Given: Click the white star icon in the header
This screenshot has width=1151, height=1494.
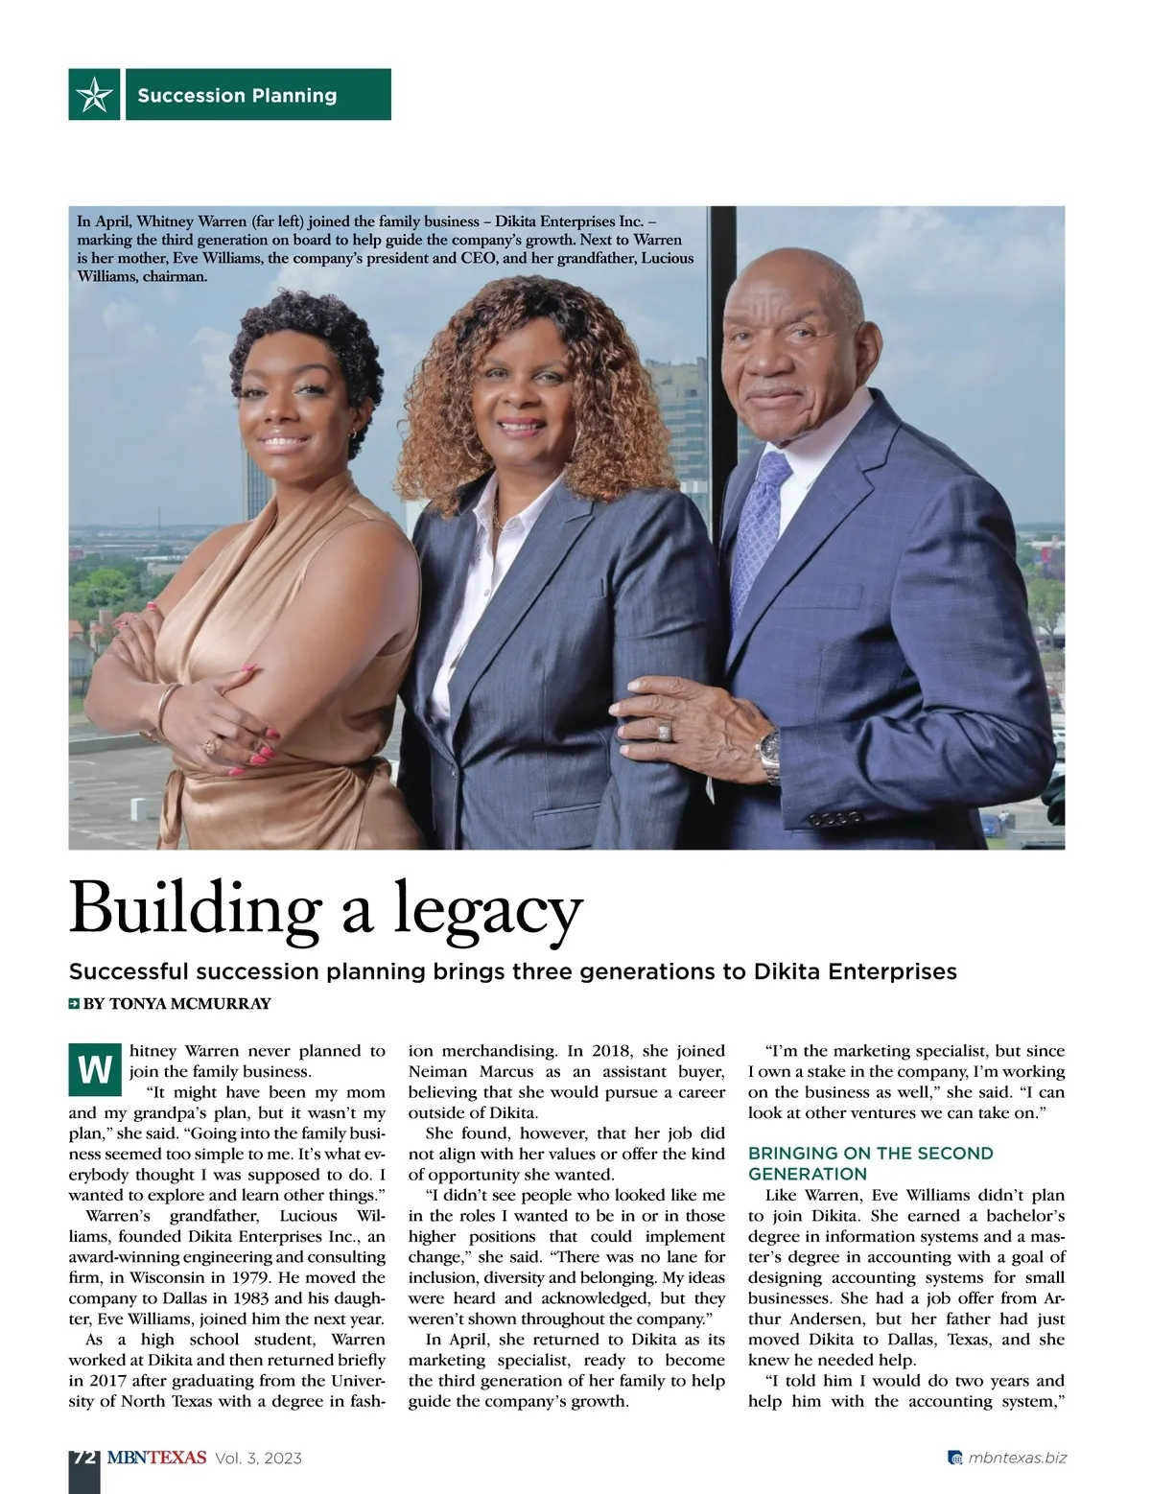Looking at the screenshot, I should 94,94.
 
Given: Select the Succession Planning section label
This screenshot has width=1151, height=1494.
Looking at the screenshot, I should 237,95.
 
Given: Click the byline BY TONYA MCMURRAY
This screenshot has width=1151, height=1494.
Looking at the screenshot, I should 177,1004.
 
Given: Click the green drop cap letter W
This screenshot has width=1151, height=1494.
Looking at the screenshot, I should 94,1068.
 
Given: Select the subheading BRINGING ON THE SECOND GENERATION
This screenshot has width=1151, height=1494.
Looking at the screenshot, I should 870,1163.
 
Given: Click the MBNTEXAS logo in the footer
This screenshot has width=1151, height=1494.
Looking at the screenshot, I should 156,1458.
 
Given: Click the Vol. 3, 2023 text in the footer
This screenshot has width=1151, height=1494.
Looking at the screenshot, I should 259,1459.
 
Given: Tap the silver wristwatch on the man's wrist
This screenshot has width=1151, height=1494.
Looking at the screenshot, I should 769,752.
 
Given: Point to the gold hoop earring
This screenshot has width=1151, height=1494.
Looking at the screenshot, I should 355,435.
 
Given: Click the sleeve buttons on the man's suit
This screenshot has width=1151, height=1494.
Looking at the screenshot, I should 834,820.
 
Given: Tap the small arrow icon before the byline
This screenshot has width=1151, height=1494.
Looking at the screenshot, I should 74,1004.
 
